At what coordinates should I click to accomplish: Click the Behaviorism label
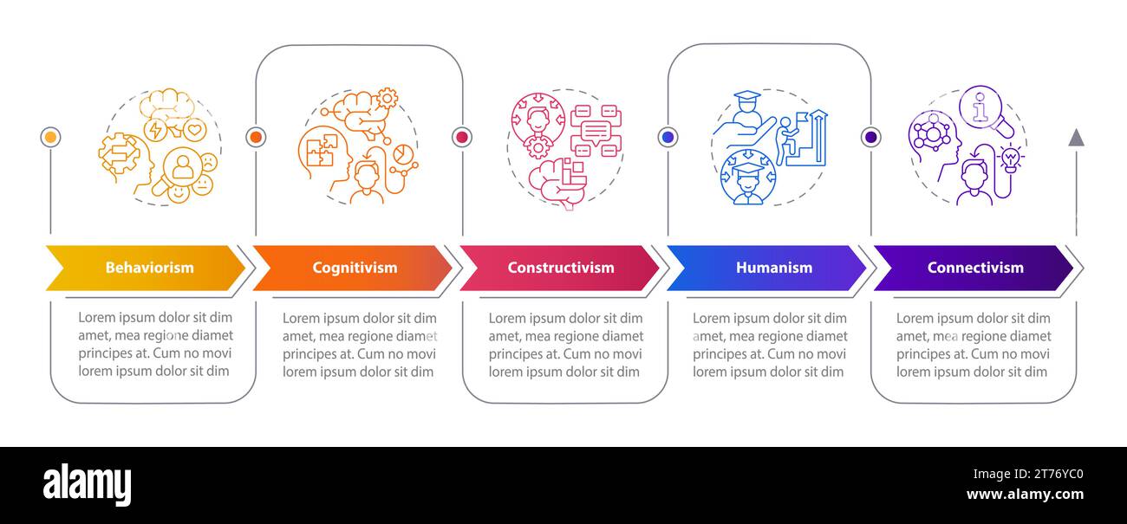click(149, 268)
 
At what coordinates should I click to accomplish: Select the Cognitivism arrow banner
click(354, 268)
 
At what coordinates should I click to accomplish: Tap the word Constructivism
click(560, 268)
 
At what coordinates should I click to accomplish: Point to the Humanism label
click(773, 268)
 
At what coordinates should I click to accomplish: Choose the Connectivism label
click(974, 268)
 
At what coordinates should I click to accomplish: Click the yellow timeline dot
click(51, 137)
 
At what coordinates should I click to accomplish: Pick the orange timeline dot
click(256, 137)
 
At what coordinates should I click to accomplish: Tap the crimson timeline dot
click(461, 137)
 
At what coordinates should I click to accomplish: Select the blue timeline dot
click(668, 137)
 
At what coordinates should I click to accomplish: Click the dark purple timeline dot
click(871, 137)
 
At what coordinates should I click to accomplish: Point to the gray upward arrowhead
click(1076, 137)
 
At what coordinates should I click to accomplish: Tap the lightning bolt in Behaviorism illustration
click(156, 131)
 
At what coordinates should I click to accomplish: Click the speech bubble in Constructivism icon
click(596, 132)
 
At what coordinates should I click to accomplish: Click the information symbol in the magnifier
click(980, 107)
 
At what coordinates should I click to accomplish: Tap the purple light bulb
click(1009, 158)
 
